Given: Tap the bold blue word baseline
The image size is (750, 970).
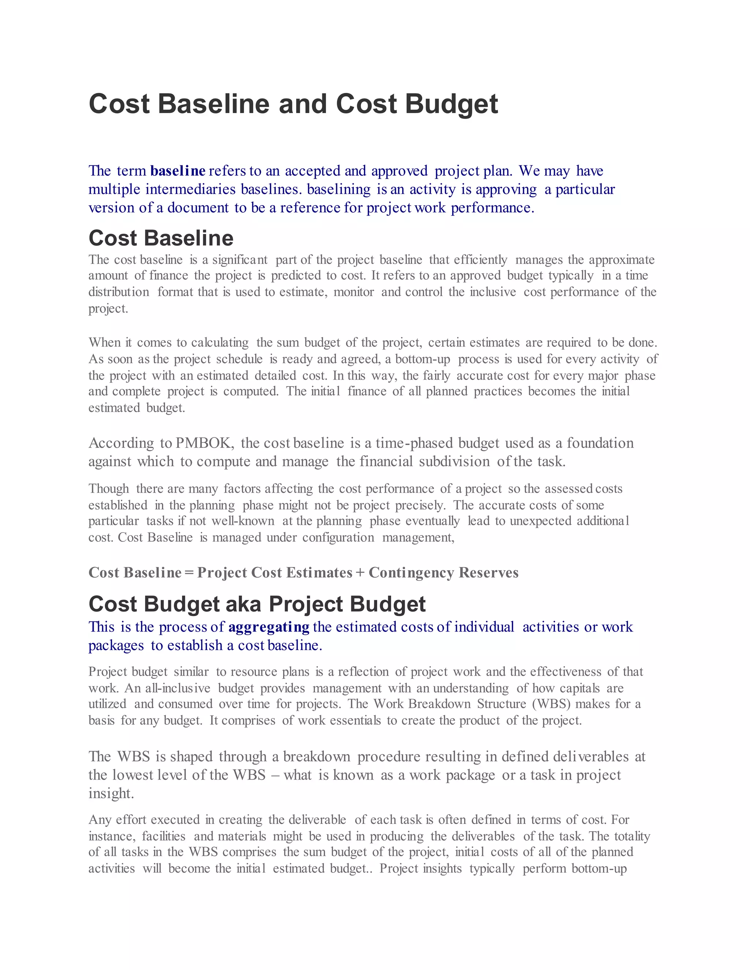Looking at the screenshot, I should (x=178, y=171).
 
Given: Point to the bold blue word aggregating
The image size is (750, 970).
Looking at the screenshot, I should (x=269, y=627).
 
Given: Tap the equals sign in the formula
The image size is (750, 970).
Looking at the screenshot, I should (x=189, y=572).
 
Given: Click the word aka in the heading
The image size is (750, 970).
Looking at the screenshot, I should (x=244, y=604).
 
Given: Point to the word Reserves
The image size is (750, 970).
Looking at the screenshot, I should (x=488, y=572).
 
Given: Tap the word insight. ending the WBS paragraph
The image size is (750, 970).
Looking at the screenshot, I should (x=111, y=793).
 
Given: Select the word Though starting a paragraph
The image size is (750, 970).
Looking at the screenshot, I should (x=108, y=489).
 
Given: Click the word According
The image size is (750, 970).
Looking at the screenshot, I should (x=121, y=443).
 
